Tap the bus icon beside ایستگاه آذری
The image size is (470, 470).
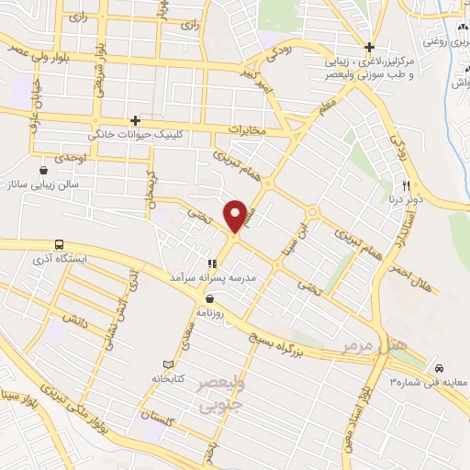pos(60,245)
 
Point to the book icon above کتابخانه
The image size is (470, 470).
pos(167,364)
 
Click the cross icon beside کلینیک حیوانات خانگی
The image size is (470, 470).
pos(135,120)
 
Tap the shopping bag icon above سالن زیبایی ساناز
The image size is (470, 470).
pos(43,171)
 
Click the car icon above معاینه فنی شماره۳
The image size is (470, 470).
pos(440,364)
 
